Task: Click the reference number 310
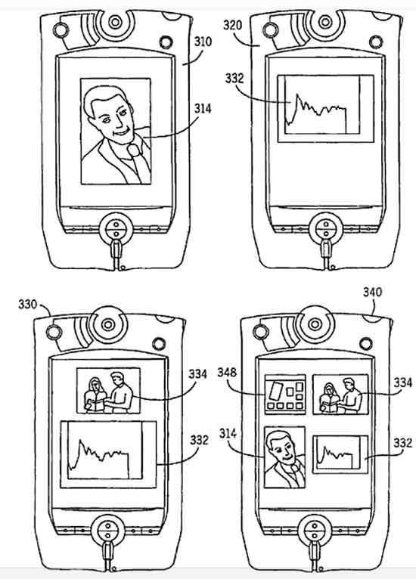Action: pyautogui.click(x=203, y=42)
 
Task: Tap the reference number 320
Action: pyautogui.click(x=233, y=25)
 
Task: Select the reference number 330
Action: pyautogui.click(x=28, y=305)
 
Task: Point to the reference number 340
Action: pyautogui.click(x=372, y=292)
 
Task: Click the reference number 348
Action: pyautogui.click(x=227, y=372)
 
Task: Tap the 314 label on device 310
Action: pyautogui.click(x=203, y=109)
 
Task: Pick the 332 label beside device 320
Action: pyautogui.click(x=234, y=79)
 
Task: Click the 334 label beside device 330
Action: pyautogui.click(x=198, y=373)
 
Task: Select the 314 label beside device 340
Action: pyautogui.click(x=228, y=433)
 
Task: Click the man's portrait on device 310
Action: pyautogui.click(x=116, y=131)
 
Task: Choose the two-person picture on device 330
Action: pyautogui.click(x=108, y=391)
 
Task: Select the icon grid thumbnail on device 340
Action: pyautogui.click(x=285, y=395)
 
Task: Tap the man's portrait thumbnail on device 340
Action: pyautogui.click(x=285, y=457)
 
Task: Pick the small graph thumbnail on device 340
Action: pyautogui.click(x=340, y=454)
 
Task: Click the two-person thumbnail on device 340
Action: pyautogui.click(x=340, y=395)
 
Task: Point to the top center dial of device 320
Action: pyautogui.click(x=325, y=22)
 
